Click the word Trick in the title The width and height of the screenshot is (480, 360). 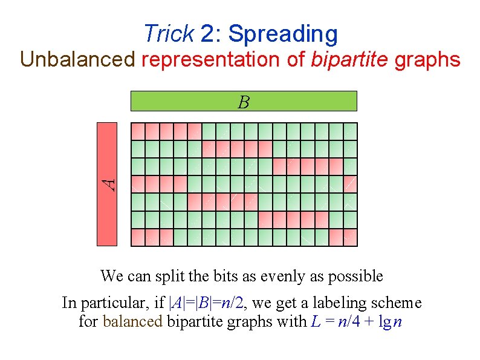[169, 34]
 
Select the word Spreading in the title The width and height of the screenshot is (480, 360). [283, 34]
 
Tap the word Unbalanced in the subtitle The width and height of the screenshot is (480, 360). [78, 59]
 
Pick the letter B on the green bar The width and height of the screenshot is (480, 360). [244, 102]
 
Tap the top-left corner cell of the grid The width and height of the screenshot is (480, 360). [138, 130]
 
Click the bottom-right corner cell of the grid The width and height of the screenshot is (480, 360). [350, 237]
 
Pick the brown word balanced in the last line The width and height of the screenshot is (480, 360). [132, 322]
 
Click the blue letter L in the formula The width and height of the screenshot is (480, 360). [314, 322]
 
